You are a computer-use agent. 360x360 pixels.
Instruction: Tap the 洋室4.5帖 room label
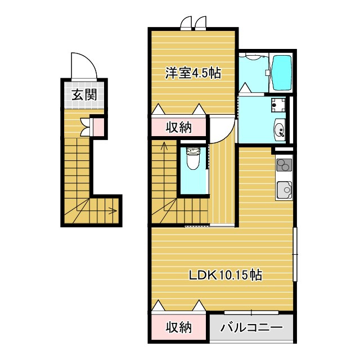(x=193, y=73)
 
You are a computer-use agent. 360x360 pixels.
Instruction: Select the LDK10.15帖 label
(x=225, y=274)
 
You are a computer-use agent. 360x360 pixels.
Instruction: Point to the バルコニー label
(x=251, y=327)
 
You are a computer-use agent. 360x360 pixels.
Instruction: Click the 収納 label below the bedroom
(x=179, y=127)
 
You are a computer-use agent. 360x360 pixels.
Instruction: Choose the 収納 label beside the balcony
(x=179, y=327)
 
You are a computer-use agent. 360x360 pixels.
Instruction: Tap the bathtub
(x=281, y=73)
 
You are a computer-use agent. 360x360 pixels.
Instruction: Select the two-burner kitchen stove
(x=285, y=165)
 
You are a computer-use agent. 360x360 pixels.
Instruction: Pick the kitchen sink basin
(x=285, y=190)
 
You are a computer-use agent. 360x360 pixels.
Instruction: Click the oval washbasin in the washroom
(x=280, y=130)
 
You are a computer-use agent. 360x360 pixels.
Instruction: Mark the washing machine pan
(x=278, y=105)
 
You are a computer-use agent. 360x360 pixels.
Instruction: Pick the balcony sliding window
(x=251, y=313)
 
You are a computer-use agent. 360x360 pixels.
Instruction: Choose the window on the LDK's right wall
(x=295, y=254)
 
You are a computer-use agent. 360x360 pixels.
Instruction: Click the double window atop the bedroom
(x=194, y=23)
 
